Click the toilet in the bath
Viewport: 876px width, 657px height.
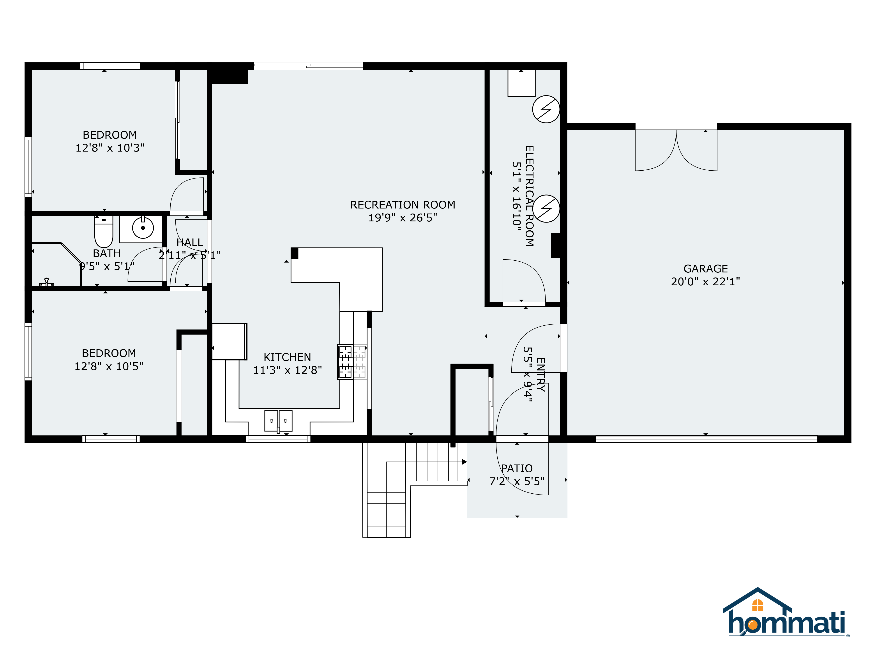(104, 232)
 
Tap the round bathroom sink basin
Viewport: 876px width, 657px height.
(143, 228)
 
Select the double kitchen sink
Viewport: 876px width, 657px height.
(278, 420)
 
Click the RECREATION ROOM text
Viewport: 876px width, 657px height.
(403, 205)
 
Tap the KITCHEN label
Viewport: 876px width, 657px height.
(288, 357)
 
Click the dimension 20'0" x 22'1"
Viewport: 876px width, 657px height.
(706, 282)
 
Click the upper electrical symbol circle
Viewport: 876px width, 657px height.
(546, 109)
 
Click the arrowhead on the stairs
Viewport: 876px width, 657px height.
(464, 462)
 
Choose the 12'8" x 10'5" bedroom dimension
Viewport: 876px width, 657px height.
(109, 366)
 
